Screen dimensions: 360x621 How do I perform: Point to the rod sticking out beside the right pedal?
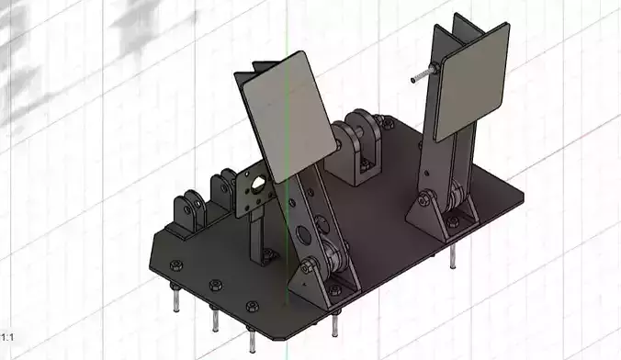(425, 74)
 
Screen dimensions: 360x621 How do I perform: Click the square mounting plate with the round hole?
(253, 193)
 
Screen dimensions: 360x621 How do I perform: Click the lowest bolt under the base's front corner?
(251, 340)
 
